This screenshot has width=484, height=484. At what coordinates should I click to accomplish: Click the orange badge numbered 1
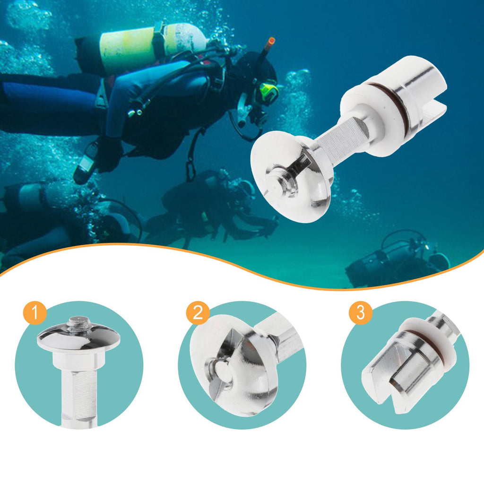pyautogui.click(x=35, y=313)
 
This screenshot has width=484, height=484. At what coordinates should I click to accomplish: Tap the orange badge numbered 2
pyautogui.click(x=198, y=313)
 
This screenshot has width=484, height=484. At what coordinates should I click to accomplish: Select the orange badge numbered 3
pyautogui.click(x=361, y=313)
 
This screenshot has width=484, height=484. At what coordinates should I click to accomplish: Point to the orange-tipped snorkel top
pyautogui.click(x=271, y=41)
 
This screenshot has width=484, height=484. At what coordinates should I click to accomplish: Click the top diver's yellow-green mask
pyautogui.click(x=268, y=91)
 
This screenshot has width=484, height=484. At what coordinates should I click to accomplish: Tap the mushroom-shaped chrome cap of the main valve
pyautogui.click(x=291, y=176)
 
